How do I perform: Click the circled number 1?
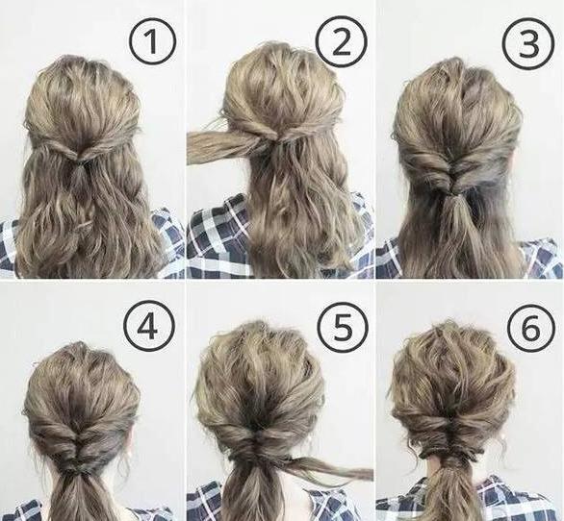pos(153,41)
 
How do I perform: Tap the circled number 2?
pos(341,41)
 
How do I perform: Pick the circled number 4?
pos(148,328)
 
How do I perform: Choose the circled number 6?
pos(530,328)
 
